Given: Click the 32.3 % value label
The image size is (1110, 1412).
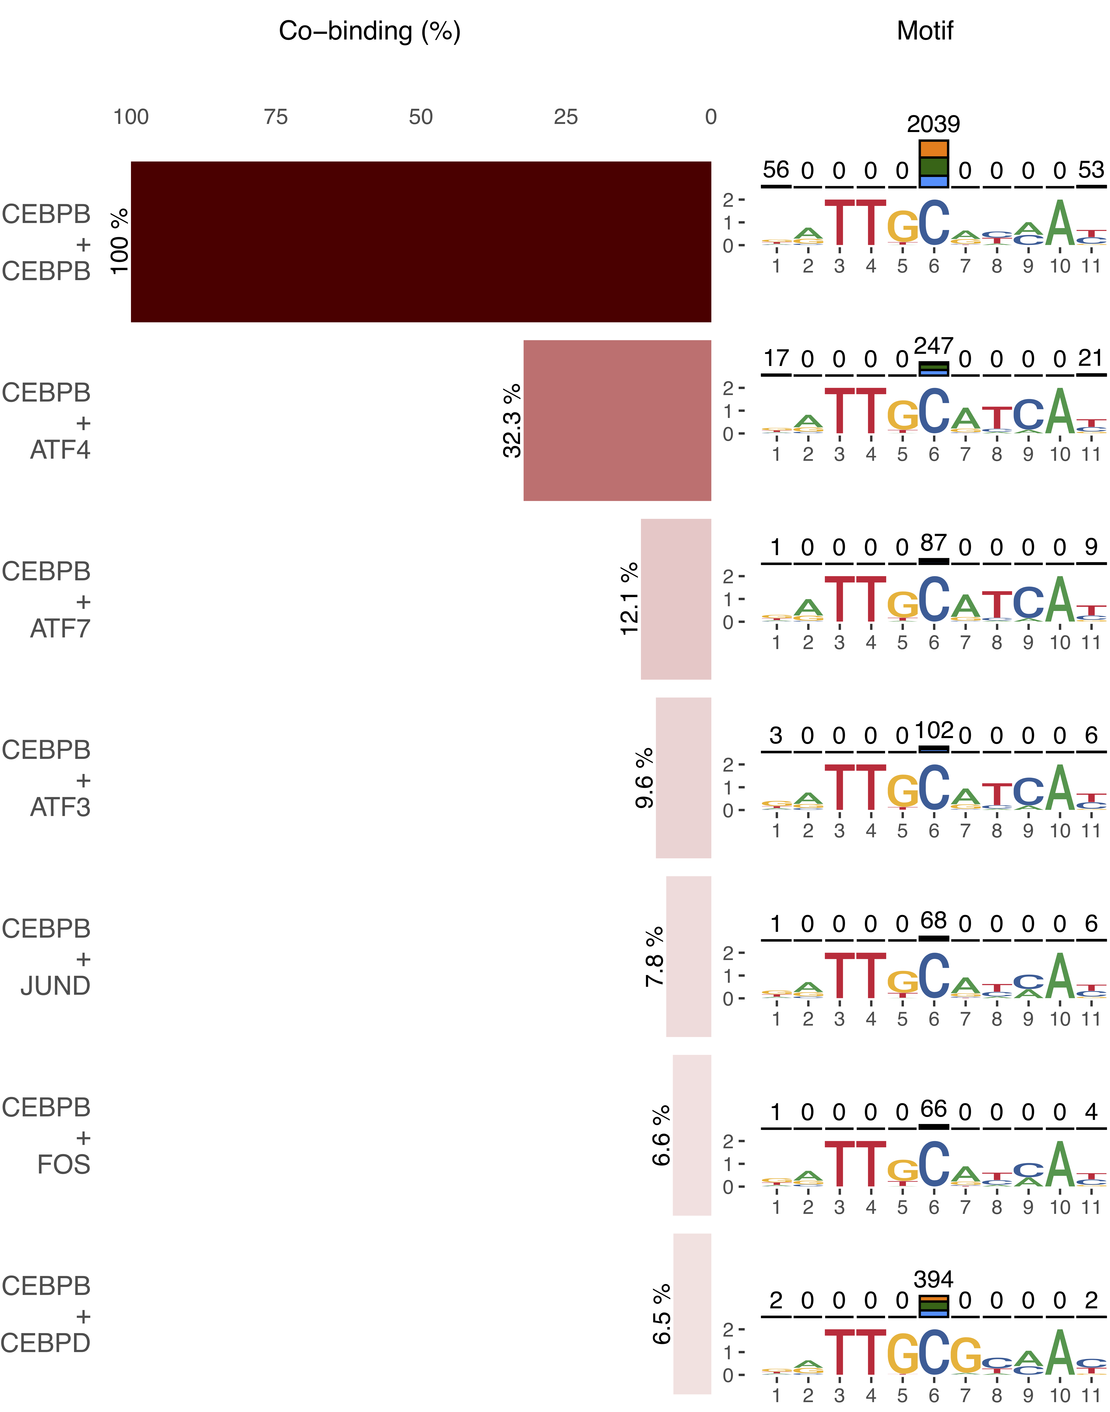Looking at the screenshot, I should (512, 420).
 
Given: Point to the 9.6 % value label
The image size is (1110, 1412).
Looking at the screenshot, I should (644, 778).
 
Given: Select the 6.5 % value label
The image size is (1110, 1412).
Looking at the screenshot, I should (662, 1314).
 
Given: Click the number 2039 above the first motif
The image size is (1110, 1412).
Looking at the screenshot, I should (933, 124).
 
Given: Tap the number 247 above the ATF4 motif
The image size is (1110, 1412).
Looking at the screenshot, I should (933, 346).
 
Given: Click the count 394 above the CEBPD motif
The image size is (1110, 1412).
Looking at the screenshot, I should (933, 1279).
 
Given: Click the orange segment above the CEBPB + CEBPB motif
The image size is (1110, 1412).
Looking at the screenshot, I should (934, 149).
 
